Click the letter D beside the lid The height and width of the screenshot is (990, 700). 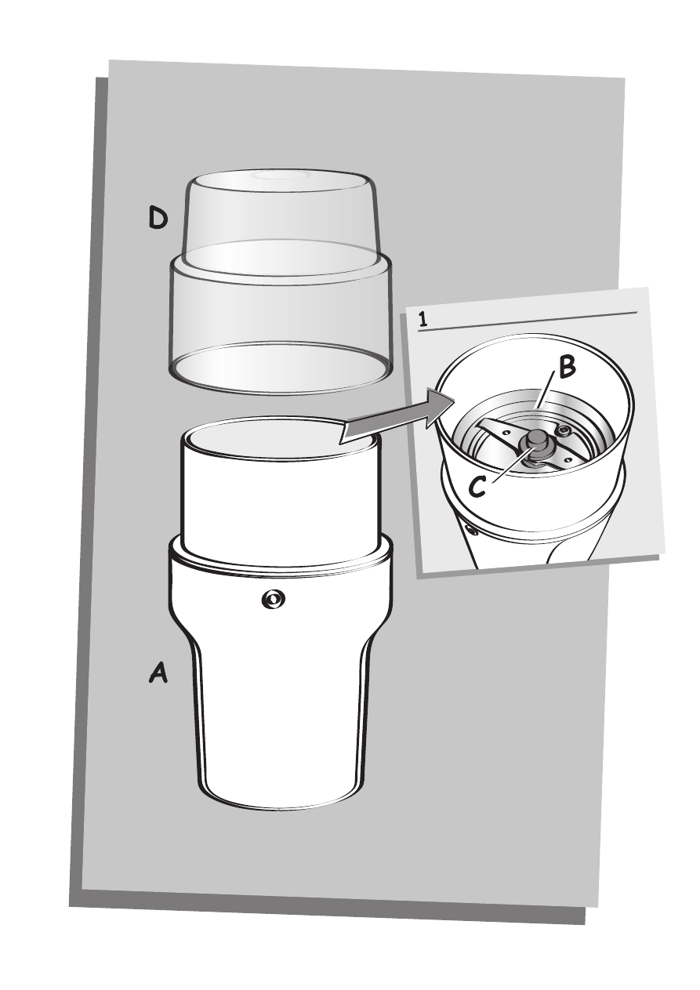coord(158,219)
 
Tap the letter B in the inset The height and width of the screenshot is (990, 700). coord(567,368)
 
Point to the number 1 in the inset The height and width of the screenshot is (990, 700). coord(423,320)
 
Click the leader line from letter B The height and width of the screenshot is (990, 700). coord(546,389)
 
